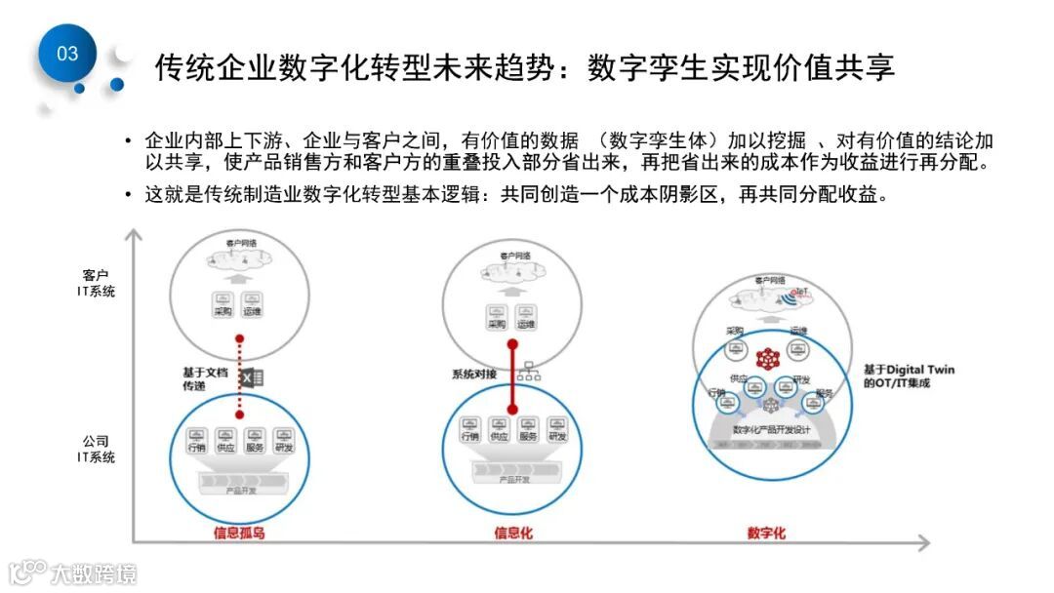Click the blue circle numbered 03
pyautogui.click(x=67, y=54)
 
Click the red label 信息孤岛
pyautogui.click(x=239, y=533)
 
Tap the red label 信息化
pyautogui.click(x=513, y=533)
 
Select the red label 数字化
pyautogui.click(x=766, y=533)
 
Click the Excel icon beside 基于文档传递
pyautogui.click(x=253, y=378)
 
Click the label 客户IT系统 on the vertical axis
pyautogui.click(x=96, y=283)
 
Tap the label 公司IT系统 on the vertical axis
pyautogui.click(x=96, y=449)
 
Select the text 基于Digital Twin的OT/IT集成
pyautogui.click(x=909, y=376)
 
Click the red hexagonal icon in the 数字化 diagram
pyautogui.click(x=767, y=358)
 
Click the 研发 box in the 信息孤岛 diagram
pyautogui.click(x=284, y=441)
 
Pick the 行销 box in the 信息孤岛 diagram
pyautogui.click(x=196, y=441)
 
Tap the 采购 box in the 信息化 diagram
pyautogui.click(x=497, y=317)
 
